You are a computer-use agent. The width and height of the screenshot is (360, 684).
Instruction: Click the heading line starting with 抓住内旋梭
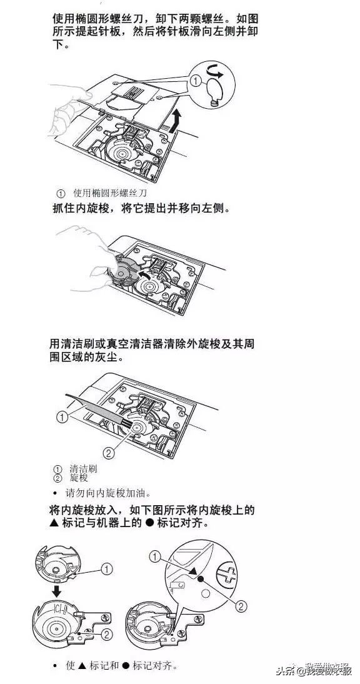pos(141,209)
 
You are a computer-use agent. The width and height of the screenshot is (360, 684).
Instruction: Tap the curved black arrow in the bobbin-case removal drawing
pos(145,276)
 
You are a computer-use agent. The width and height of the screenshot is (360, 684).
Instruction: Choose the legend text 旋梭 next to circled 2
pos(79,478)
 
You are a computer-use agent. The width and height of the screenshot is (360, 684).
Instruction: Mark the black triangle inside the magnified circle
pos(194,570)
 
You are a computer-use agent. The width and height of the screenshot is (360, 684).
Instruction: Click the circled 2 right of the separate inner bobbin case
pos(107,635)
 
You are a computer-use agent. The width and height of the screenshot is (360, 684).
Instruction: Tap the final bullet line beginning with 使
pos(121,665)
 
